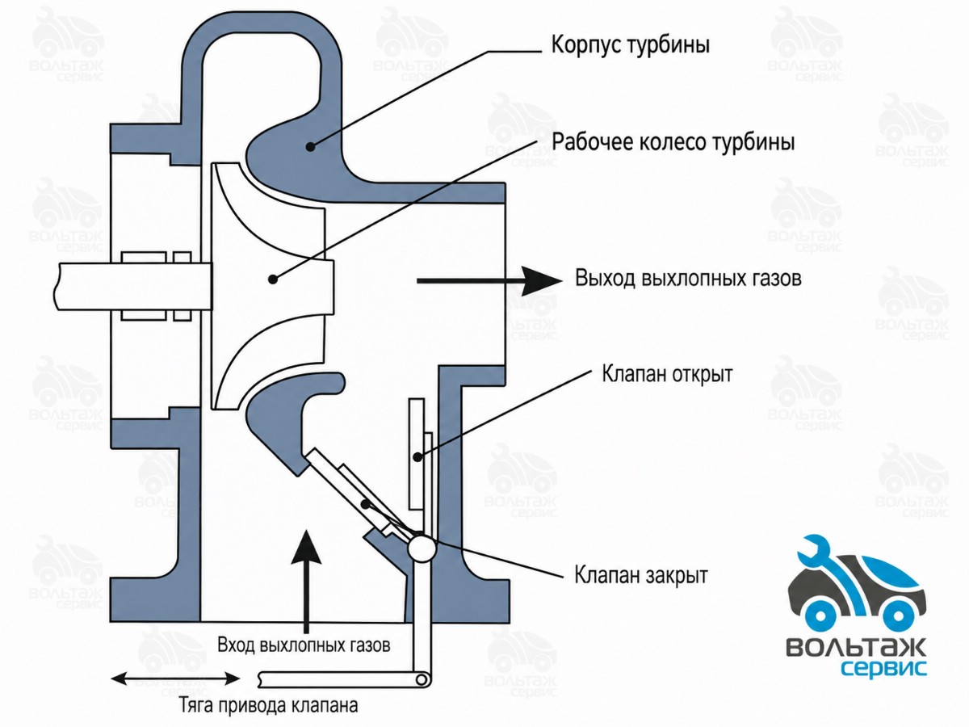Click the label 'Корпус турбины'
point(631,45)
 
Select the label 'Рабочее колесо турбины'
point(673,142)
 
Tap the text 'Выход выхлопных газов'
point(688,278)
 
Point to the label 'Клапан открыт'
point(668,374)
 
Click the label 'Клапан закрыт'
point(641,574)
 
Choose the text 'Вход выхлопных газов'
point(304,645)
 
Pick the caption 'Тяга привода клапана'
point(269,706)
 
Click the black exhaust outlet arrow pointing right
point(489,281)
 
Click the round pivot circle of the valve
point(422,548)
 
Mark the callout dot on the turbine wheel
point(274,279)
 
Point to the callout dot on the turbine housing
point(311,146)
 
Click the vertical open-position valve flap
point(418,454)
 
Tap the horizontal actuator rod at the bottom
point(344,679)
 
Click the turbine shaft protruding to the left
point(132,286)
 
